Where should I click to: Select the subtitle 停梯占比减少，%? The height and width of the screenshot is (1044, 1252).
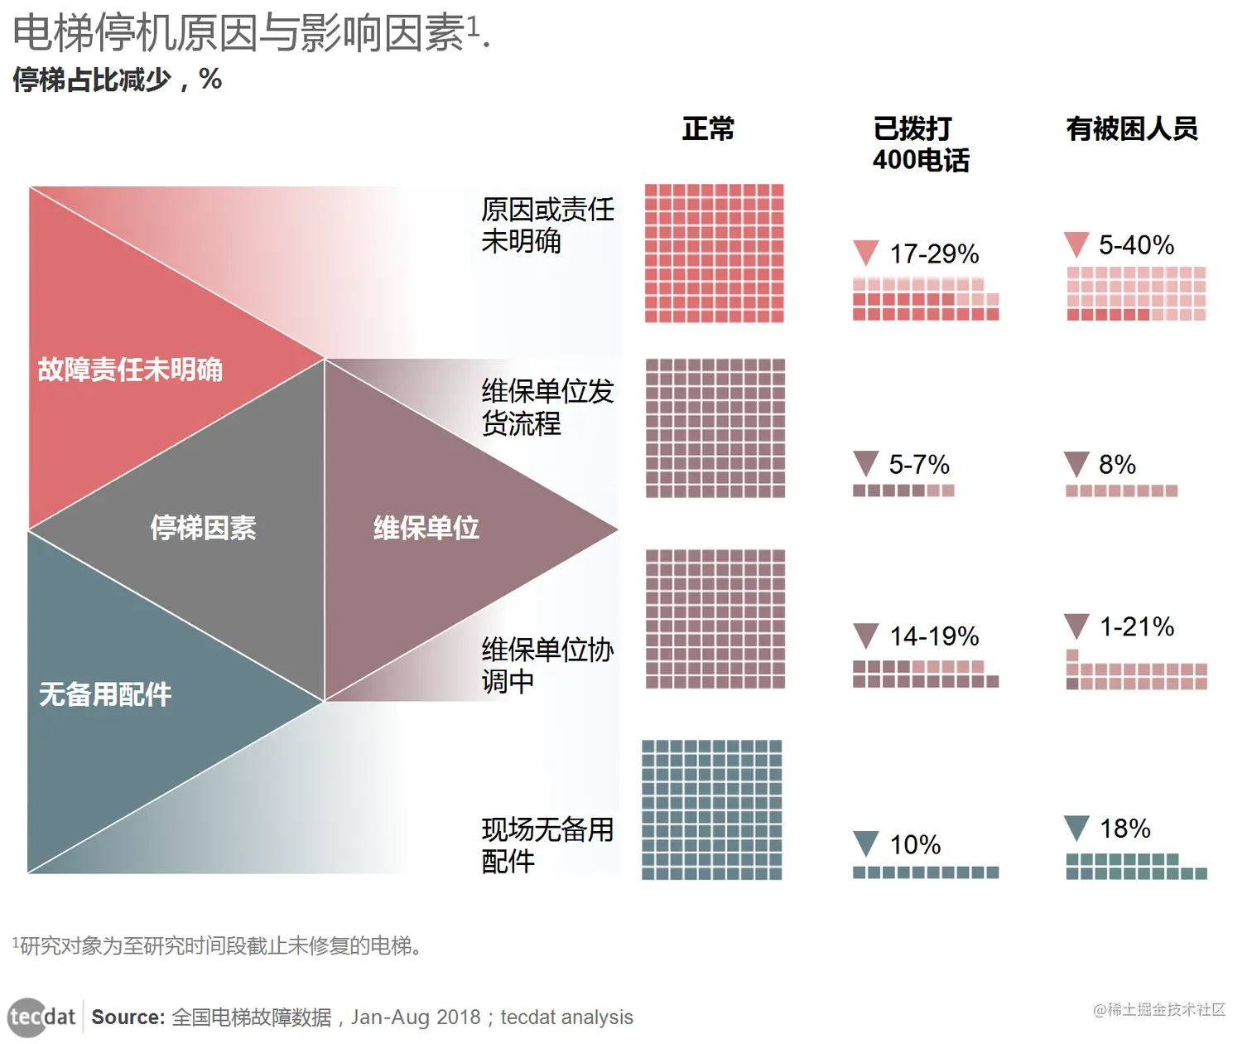click(117, 80)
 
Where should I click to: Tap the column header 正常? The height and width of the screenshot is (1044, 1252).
click(708, 129)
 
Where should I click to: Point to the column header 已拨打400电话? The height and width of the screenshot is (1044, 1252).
click(920, 144)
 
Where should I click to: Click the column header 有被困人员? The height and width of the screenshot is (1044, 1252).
click(1132, 129)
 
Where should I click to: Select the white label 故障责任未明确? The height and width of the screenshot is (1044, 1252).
click(130, 370)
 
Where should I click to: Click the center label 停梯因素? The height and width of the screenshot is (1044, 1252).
click(203, 528)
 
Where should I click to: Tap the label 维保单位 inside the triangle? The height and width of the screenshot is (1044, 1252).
click(426, 528)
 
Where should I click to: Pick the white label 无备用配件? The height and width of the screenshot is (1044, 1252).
click(105, 694)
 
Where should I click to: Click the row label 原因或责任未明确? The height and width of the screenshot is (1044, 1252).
click(547, 225)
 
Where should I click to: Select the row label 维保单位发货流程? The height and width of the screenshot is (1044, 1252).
click(547, 407)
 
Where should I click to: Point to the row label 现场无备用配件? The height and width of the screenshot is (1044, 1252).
click(547, 845)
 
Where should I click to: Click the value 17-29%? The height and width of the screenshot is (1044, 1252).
click(934, 254)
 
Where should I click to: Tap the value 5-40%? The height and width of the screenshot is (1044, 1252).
click(1136, 245)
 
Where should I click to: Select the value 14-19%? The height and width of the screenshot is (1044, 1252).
click(934, 636)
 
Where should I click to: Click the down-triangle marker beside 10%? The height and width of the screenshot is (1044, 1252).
click(865, 843)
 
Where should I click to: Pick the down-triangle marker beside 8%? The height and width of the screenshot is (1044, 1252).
click(1076, 463)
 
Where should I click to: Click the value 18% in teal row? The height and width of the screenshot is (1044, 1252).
click(1124, 829)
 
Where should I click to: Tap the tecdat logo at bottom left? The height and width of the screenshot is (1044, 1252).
click(41, 1017)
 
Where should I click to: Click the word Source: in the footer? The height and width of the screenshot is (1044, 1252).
click(128, 1017)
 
